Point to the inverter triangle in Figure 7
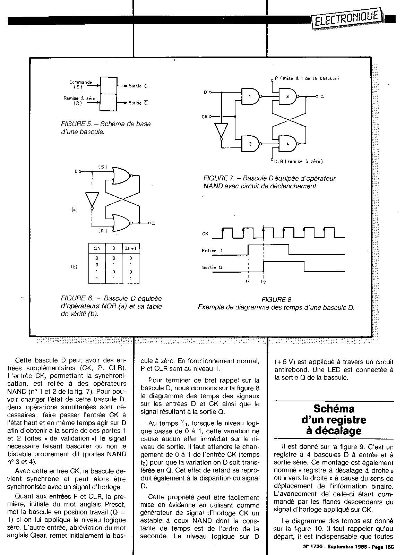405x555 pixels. (221, 131)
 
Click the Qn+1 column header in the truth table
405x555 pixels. (131, 249)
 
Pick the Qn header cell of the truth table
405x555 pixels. (97, 249)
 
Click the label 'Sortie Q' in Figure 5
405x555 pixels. (138, 86)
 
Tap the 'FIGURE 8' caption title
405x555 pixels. (276, 299)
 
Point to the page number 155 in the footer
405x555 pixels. (389, 547)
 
